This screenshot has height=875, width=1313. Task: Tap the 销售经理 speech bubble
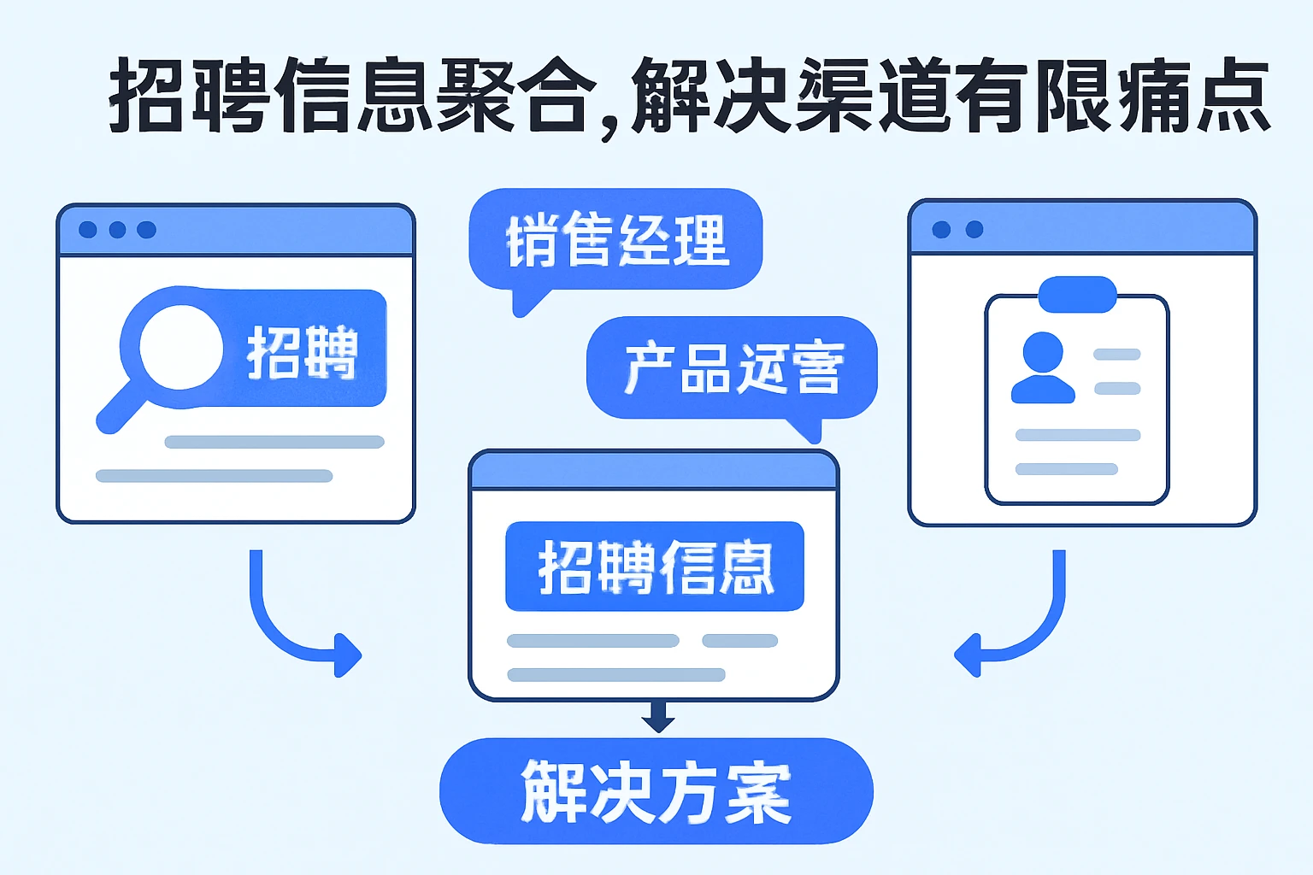pos(615,239)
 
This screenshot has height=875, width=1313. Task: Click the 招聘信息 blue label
pos(655,567)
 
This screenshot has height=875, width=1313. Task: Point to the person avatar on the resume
pos(1042,367)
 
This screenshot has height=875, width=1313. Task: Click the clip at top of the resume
pos(1077,294)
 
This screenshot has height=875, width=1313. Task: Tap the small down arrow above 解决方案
pos(657,716)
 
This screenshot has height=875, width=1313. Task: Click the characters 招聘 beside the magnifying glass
pos(302,352)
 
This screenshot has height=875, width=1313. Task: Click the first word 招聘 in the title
pos(188,96)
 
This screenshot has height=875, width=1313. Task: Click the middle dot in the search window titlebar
pos(117,230)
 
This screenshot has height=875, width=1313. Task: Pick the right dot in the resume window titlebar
pos(974,229)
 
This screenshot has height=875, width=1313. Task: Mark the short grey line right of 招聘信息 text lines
pos(739,641)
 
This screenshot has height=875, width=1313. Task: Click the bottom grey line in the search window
pos(214,476)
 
